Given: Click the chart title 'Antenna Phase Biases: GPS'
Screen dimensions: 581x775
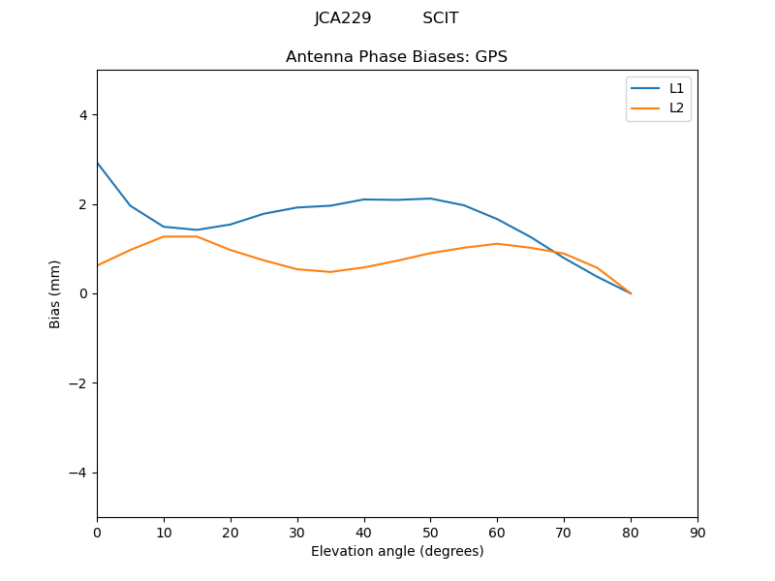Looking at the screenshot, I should pos(396,57).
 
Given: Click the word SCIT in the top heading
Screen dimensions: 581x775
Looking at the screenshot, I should pos(441,18).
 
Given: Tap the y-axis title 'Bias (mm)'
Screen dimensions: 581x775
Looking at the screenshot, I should pos(55,293).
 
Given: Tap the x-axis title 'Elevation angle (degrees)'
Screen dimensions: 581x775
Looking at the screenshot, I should pos(396,551).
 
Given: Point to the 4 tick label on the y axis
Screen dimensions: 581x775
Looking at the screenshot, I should pos(82,115).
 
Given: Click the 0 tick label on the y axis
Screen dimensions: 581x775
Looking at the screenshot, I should pos(82,293).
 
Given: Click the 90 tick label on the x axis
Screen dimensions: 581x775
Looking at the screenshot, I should pos(697,532).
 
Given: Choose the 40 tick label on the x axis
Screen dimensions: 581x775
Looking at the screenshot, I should pos(363,532).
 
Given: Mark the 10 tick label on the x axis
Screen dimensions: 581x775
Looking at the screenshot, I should pos(164,532).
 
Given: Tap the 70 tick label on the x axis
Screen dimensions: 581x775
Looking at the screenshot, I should pos(564,532).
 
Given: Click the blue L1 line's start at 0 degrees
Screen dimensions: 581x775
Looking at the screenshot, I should pos(98,164).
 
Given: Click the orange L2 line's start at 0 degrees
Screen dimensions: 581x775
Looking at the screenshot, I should pos(98,265).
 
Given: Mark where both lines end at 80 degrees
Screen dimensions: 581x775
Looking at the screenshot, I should pos(631,293).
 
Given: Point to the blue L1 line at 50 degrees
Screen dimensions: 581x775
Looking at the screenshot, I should pos(430,199).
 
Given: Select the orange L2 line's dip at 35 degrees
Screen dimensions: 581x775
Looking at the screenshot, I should pos(330,272).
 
